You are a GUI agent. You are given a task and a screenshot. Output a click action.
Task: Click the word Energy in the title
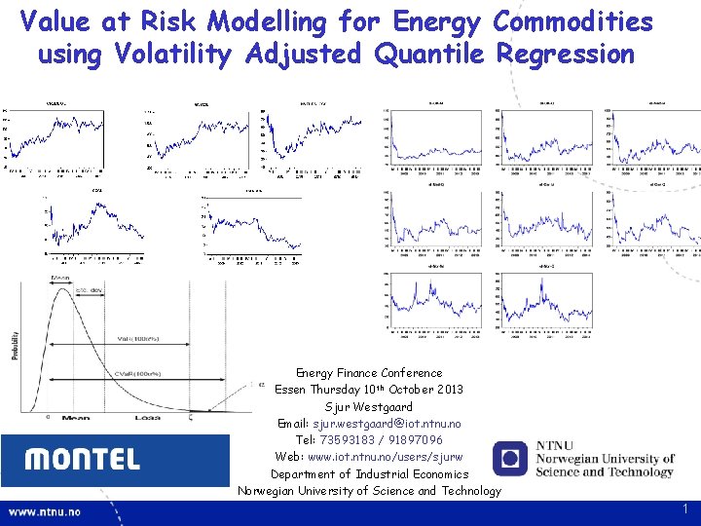pos(435,20)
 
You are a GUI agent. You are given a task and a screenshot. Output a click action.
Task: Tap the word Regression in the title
pos(565,54)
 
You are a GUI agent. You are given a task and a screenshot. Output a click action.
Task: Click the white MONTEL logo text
pos(82,460)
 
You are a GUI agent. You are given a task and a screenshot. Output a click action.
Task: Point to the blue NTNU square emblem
pos(509,459)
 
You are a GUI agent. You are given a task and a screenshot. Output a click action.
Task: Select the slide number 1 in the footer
pos(685,509)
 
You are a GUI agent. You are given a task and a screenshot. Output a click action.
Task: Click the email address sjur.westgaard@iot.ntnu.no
pos(369,424)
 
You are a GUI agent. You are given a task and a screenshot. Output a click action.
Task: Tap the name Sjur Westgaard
pos(369,406)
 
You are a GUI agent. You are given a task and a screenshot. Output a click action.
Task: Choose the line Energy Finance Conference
pos(369,373)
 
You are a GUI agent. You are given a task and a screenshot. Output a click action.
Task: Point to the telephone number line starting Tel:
pos(369,440)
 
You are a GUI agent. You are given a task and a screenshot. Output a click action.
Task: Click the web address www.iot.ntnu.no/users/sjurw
pos(369,457)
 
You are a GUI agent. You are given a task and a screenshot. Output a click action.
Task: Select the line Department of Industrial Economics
pos(369,474)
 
